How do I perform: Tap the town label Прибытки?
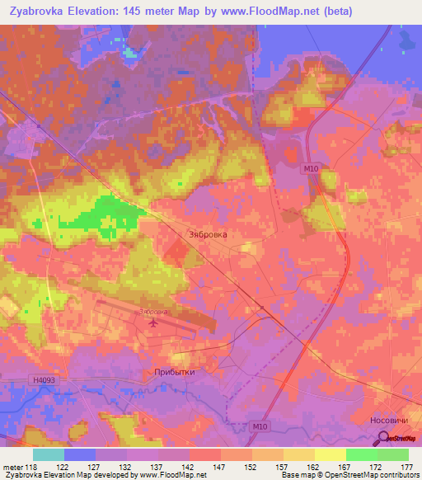(x=174, y=372)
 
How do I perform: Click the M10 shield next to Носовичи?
(x=260, y=426)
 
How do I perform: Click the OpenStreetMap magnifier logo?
(x=387, y=437)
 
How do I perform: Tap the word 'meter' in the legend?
(x=12, y=467)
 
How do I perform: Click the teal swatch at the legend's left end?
(x=48, y=454)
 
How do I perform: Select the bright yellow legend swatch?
(x=330, y=454)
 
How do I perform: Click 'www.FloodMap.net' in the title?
(x=280, y=11)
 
